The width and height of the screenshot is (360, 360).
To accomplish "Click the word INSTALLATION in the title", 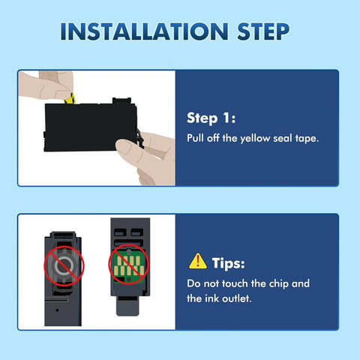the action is (144, 31).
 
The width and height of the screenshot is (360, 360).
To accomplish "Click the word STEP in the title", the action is (263, 31).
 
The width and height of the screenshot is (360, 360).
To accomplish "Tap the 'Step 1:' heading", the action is (211, 118).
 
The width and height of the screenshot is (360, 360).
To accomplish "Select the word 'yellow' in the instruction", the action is (255, 139).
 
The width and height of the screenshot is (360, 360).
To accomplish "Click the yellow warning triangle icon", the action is (198, 261).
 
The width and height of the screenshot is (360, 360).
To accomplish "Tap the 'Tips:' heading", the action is (229, 263).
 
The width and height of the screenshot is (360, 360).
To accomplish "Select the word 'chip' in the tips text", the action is (277, 284).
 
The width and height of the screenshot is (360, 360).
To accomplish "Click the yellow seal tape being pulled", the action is (70, 98).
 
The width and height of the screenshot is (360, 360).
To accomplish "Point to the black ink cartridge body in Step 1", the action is (90, 127).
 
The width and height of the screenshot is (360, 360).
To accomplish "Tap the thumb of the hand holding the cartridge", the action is (127, 148).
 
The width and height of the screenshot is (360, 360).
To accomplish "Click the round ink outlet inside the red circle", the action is (64, 265).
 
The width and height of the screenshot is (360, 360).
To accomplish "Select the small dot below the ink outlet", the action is (57, 310).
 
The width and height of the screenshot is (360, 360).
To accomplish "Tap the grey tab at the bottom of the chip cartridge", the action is (127, 306).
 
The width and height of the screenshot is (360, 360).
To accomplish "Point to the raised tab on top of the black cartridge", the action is (121, 100).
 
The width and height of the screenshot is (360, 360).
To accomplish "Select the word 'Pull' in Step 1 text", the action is (196, 138).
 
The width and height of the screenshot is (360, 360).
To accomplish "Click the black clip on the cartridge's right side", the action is (140, 138).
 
